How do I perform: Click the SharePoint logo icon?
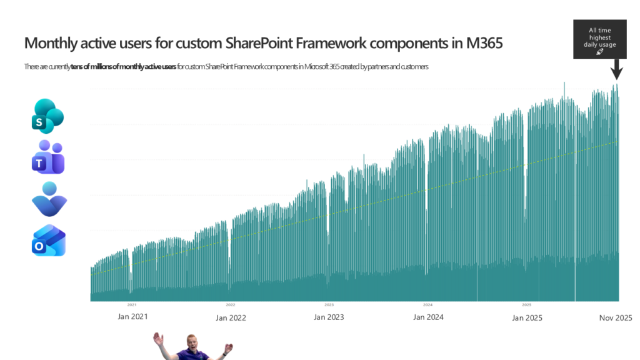[x=47, y=116]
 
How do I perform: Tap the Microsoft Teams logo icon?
[x=48, y=157]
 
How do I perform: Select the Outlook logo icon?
[x=48, y=241]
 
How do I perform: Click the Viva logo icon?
[x=49, y=199]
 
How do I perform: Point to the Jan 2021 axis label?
[x=133, y=317]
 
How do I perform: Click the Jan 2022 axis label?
[x=231, y=317]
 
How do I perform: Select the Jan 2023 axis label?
[x=329, y=317]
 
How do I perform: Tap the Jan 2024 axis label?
[x=428, y=317]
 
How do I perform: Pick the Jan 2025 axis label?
[x=527, y=317]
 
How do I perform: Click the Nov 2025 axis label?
[x=616, y=317]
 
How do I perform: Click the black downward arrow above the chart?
[x=616, y=69]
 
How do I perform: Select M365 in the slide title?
[x=481, y=44]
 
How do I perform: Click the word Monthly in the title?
[x=50, y=44]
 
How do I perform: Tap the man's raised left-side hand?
[x=158, y=339]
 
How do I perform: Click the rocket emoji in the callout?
[x=599, y=52]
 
